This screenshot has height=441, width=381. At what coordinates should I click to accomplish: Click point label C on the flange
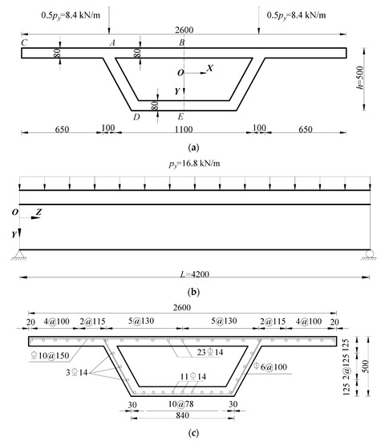pos(26,42)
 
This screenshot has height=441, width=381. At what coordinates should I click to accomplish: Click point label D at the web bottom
pos(136,117)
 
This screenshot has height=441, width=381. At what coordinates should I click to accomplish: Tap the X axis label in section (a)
pos(209,69)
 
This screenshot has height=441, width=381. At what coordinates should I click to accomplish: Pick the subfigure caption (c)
pos(191,434)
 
